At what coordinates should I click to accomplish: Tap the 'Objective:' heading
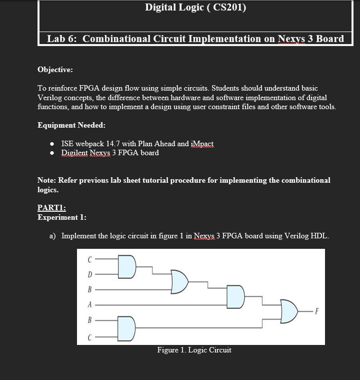[55, 70]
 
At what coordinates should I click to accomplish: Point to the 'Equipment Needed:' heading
[71, 125]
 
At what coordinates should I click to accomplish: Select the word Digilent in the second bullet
[75, 153]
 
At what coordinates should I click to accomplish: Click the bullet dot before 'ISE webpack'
[52, 144]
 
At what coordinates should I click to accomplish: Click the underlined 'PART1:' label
[52, 208]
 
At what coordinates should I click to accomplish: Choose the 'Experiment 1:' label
[62, 217]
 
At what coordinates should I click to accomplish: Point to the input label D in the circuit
[90, 274]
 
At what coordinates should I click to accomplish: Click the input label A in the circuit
[90, 304]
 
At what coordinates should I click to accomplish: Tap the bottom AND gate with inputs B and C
[127, 327]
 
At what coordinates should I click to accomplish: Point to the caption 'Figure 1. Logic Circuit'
[194, 350]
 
